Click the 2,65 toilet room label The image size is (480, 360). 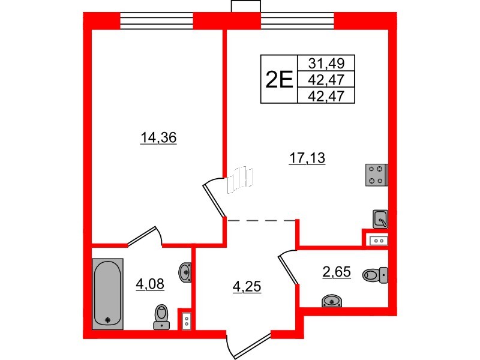(337, 271)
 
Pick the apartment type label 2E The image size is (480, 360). (279, 79)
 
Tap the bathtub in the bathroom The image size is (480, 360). (108, 293)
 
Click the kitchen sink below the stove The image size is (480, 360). (380, 219)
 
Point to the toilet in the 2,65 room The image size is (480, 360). (376, 275)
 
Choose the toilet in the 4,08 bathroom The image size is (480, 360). (161, 316)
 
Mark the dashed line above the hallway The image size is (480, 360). (262, 221)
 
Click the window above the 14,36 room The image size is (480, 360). (157, 22)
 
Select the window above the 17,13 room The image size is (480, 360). (297, 22)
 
